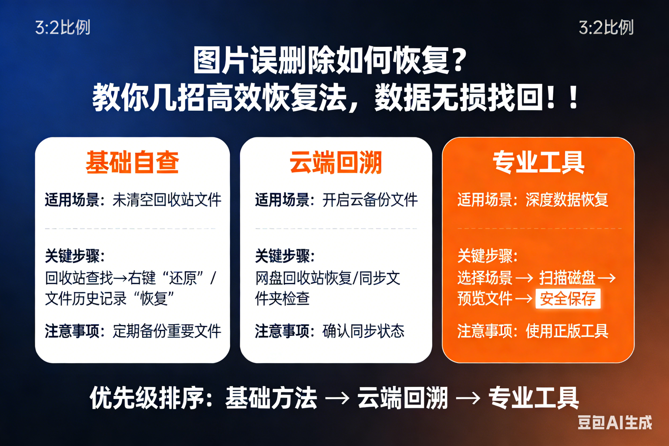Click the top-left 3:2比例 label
[63, 27]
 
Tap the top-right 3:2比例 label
[606, 27]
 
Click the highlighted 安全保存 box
[568, 299]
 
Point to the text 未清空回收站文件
[167, 200]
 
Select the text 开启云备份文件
[370, 200]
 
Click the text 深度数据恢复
[567, 200]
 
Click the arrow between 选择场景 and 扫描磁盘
[524, 278]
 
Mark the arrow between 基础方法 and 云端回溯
[337, 398]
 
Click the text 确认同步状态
[363, 331]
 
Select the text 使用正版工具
[567, 331]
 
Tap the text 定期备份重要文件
[167, 331]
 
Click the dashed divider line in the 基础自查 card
[130, 228]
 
